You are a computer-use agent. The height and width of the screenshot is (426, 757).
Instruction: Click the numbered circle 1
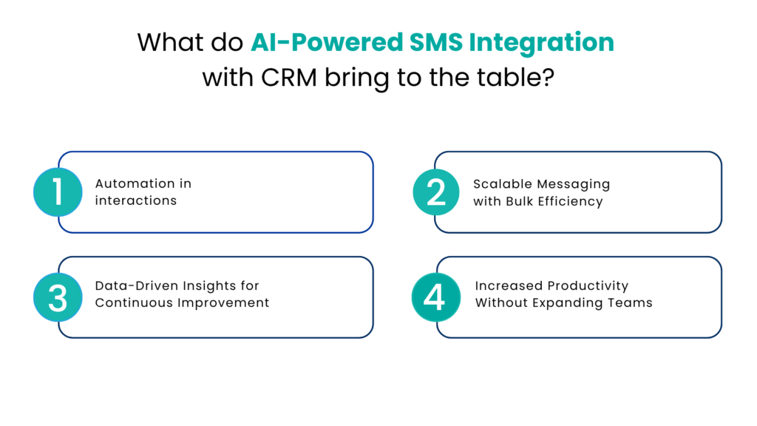pos(58,192)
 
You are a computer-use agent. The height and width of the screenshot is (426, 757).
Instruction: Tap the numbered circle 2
pos(436,192)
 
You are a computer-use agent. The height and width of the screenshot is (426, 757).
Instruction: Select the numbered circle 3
pos(58,297)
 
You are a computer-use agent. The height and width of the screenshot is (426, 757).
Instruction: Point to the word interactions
pos(136,200)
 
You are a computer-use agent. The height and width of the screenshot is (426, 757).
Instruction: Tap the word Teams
pos(631,302)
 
